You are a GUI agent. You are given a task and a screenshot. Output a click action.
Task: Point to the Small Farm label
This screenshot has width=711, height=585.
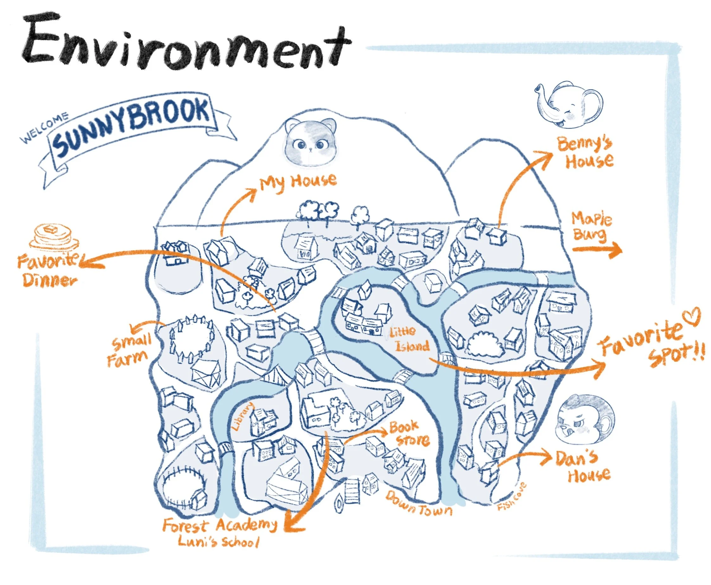[130, 350]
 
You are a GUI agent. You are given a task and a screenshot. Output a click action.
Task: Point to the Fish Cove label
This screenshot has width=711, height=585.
[511, 497]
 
